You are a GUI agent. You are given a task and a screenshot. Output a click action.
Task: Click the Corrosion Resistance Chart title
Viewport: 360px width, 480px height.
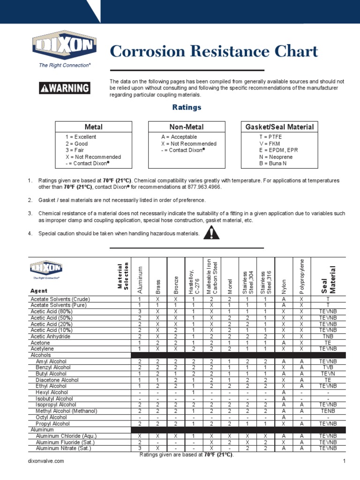coord(214,52)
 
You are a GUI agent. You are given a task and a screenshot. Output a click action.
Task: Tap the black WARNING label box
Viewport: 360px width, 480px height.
coord(65,88)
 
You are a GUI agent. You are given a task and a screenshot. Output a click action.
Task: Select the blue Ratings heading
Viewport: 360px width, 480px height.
coord(187,107)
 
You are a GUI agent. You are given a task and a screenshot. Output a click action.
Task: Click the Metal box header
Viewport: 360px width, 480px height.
coord(93,127)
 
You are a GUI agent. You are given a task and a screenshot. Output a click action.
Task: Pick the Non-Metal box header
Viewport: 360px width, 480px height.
coord(187,127)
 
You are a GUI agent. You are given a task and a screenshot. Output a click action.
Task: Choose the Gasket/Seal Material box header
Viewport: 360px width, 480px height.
coord(280,127)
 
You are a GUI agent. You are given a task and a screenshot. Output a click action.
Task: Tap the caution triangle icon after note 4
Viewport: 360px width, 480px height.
coord(212,232)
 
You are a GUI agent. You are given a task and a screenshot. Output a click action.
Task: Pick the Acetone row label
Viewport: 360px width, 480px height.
coord(41,343)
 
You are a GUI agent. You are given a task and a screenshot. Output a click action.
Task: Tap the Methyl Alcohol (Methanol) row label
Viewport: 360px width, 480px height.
coord(67,411)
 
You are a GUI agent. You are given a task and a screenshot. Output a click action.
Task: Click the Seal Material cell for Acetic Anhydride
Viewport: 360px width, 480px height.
coord(328,337)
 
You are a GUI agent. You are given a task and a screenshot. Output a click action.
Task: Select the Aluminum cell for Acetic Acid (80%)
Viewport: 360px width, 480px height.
coord(140,311)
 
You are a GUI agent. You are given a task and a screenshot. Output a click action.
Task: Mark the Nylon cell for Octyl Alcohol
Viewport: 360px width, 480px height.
coord(283,417)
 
